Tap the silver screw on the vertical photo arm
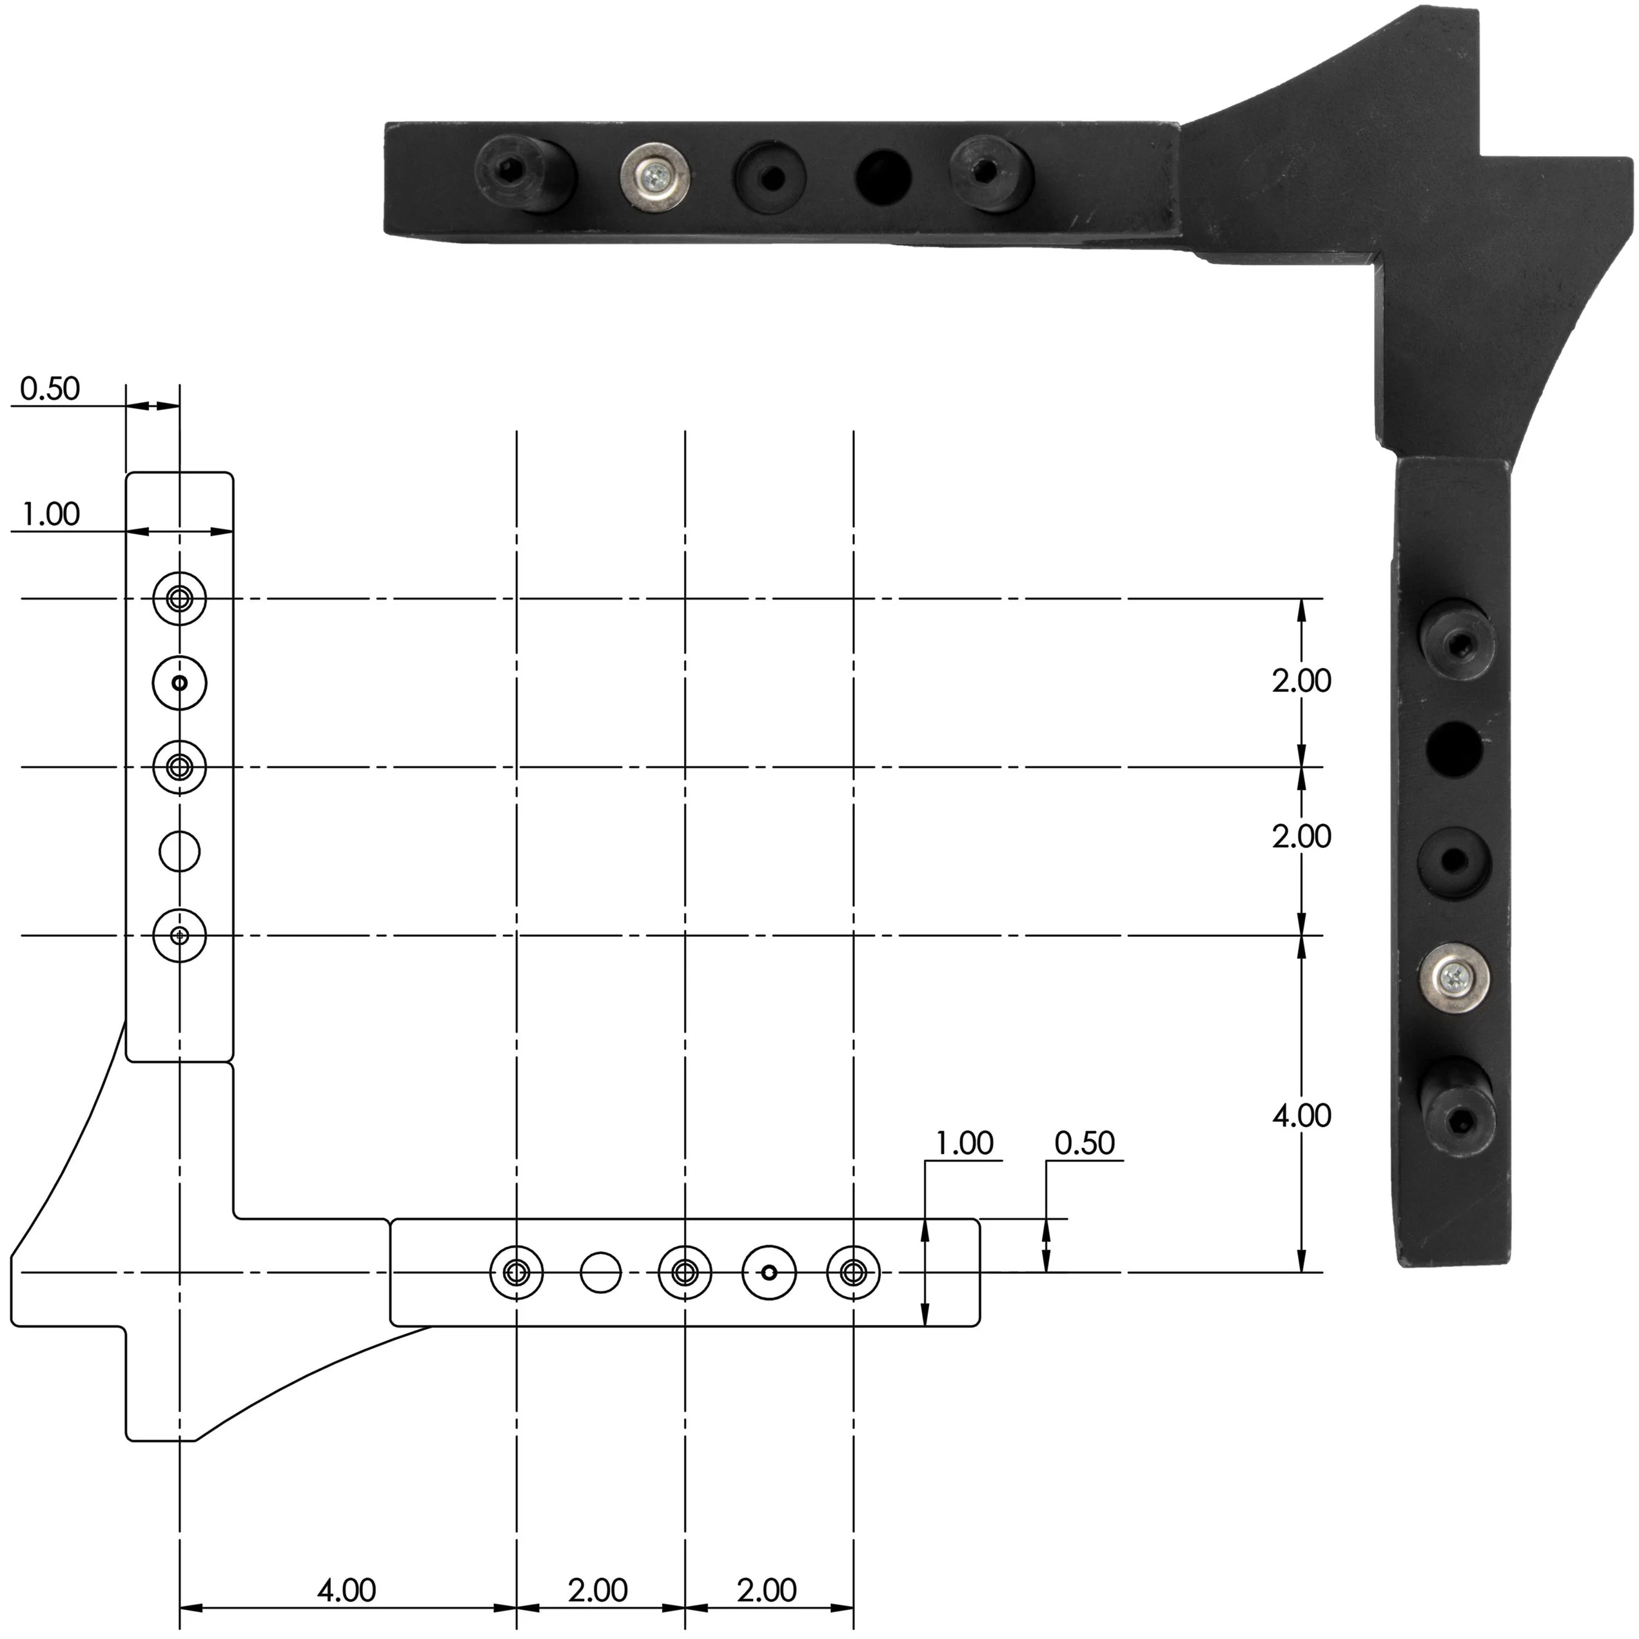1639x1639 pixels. (1456, 980)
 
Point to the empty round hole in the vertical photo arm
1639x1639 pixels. (1454, 747)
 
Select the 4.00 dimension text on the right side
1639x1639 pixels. (1301, 1115)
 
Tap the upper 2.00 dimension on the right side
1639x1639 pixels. (1301, 680)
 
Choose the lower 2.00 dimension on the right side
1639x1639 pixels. (1301, 836)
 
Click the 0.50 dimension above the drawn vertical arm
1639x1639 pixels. (50, 389)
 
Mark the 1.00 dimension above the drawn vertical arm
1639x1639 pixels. (50, 514)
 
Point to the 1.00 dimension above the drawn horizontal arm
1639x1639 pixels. (964, 1144)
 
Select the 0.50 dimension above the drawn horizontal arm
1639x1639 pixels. (1084, 1144)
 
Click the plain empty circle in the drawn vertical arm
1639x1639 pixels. (180, 851)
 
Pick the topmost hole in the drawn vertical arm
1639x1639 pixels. (180, 599)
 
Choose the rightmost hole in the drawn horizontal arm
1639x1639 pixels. (854, 1271)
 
